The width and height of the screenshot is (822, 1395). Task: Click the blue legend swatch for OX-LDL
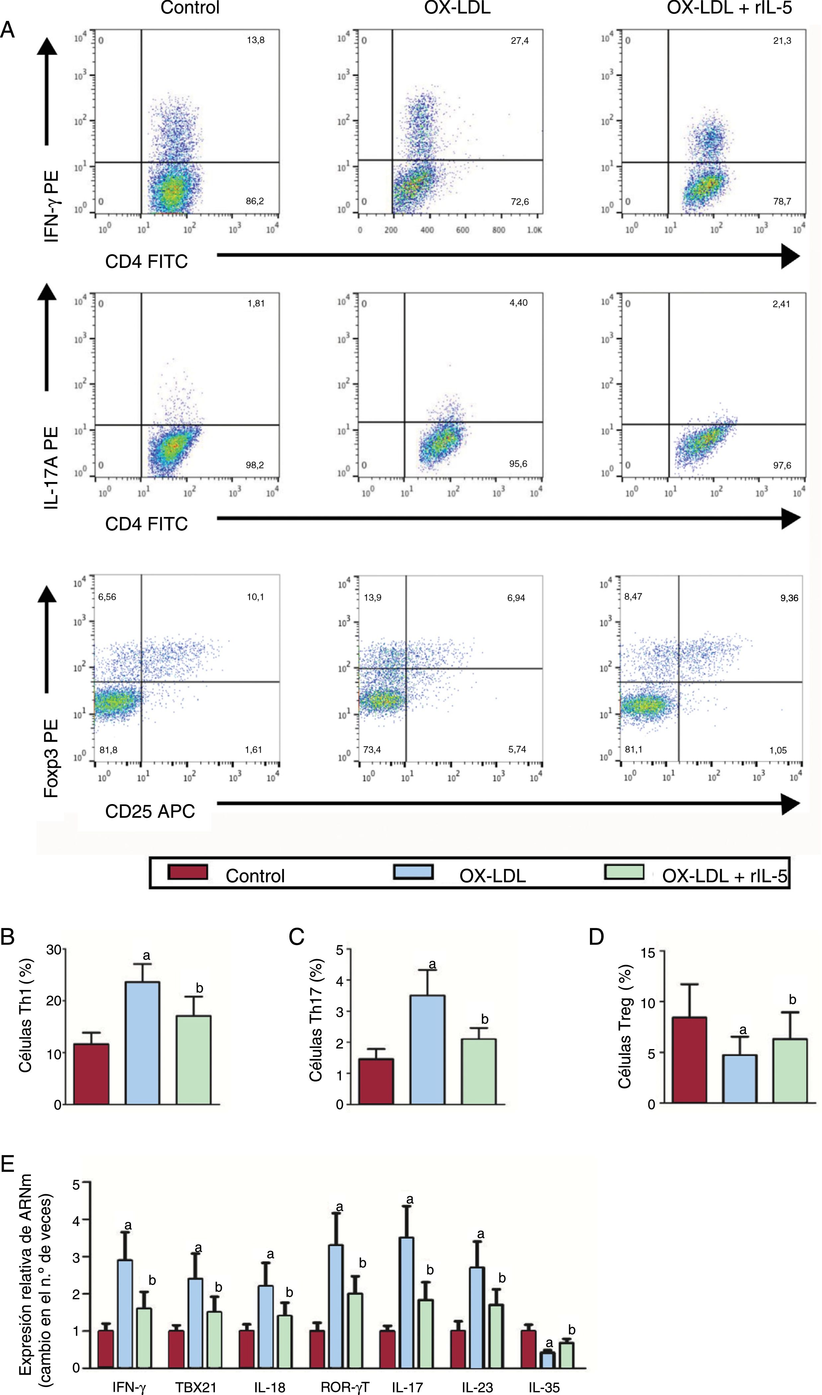coord(413,872)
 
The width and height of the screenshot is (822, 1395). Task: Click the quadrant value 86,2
coord(255,201)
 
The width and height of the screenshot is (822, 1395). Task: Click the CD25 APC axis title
coord(150,811)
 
